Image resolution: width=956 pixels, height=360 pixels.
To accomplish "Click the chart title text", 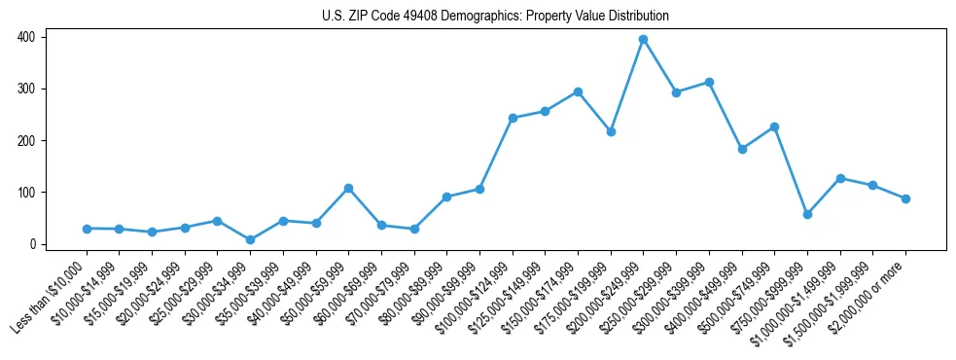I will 495,17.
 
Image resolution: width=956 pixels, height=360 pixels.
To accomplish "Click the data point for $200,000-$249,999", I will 643,40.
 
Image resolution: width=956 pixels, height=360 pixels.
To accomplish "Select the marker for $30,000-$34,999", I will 250,239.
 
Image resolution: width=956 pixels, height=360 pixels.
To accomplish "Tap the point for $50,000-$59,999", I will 348,188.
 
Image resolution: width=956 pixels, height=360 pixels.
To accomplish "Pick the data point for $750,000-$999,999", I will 807,214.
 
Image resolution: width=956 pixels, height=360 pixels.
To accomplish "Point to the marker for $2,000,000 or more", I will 905,198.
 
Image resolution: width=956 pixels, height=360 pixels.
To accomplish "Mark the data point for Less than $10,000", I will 87,229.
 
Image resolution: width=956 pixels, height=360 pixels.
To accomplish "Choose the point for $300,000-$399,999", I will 709,83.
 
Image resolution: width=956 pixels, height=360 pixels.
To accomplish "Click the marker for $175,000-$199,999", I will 611,131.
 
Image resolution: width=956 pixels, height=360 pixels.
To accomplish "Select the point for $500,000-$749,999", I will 774,126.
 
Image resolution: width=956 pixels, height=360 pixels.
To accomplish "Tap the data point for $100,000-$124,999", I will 513,118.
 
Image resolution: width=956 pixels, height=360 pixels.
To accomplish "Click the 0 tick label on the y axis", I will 32,244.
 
